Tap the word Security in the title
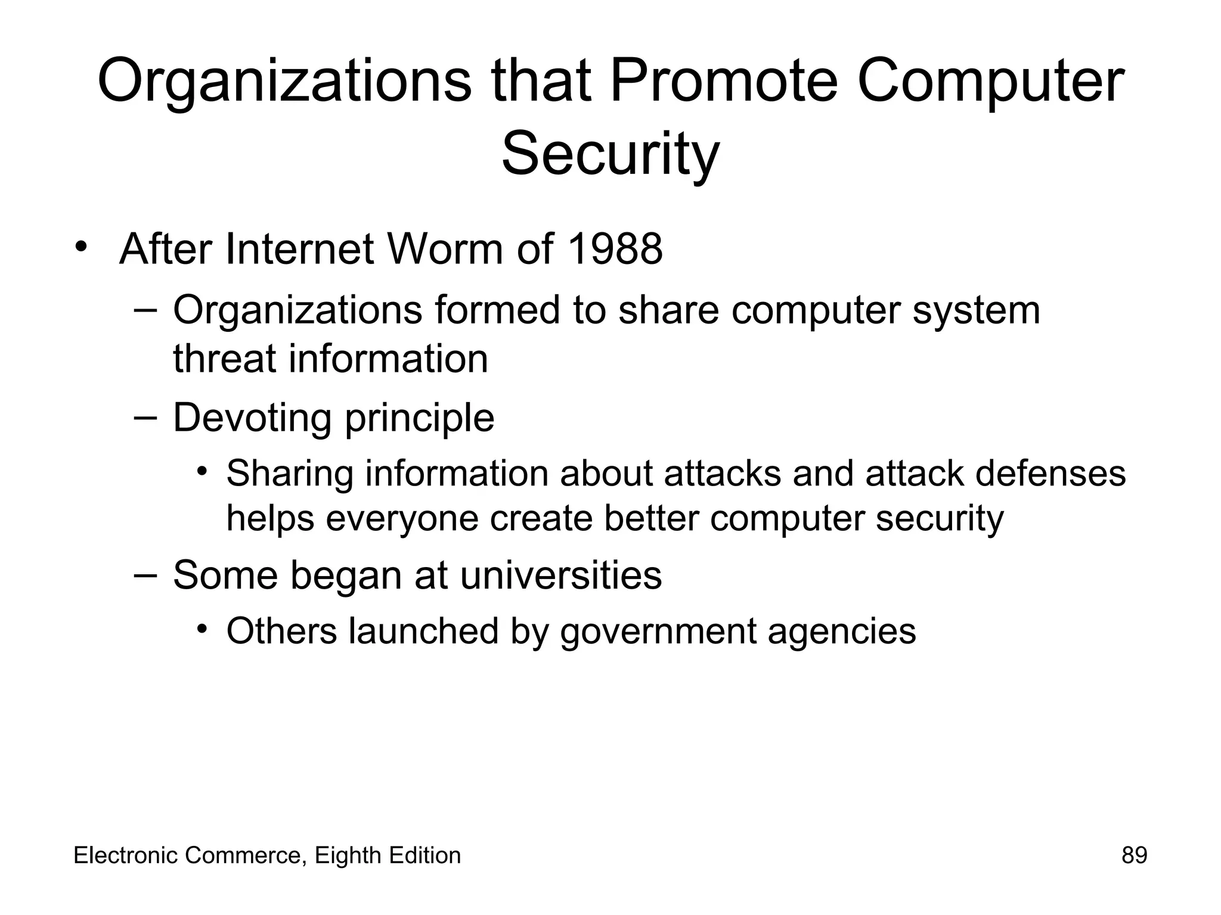point(610,154)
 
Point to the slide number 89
point(1134,855)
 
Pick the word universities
point(561,575)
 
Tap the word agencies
point(841,632)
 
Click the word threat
point(225,359)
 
